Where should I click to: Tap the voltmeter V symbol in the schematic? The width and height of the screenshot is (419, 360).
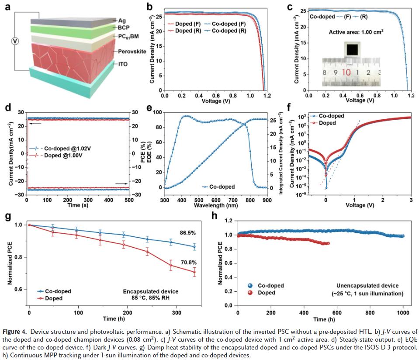(x=15, y=41)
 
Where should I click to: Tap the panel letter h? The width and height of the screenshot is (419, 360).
(x=214, y=215)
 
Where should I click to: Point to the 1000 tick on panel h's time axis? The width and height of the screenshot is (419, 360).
(x=403, y=313)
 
